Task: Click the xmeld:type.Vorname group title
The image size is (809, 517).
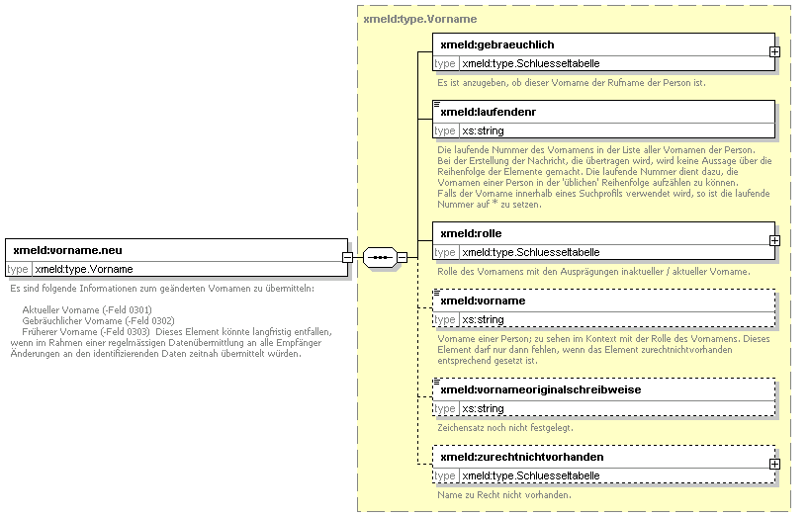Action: pyautogui.click(x=420, y=19)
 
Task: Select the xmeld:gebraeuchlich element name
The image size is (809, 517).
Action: pyautogui.click(x=497, y=44)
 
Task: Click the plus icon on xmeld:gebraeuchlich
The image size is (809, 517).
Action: pyautogui.click(x=774, y=52)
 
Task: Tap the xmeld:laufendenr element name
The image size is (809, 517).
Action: pyautogui.click(x=489, y=112)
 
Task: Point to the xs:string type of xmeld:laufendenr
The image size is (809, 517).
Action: pyautogui.click(x=483, y=130)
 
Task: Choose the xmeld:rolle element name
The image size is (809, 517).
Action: pyautogui.click(x=471, y=233)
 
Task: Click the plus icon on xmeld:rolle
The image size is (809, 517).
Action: pyautogui.click(x=774, y=241)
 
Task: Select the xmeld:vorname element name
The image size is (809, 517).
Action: pyautogui.click(x=483, y=301)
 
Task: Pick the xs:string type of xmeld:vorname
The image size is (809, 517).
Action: pyautogui.click(x=483, y=319)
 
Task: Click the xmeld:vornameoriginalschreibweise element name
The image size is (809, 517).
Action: pyautogui.click(x=541, y=389)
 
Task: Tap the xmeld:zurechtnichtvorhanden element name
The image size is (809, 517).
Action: pyautogui.click(x=521, y=457)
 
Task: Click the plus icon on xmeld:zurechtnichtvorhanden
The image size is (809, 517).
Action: pyautogui.click(x=774, y=464)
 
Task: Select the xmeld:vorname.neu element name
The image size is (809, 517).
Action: pyautogui.click(x=67, y=250)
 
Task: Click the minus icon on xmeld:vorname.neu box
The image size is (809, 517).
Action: pyautogui.click(x=347, y=257)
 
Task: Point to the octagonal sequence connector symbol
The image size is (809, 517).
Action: pyautogui.click(x=380, y=257)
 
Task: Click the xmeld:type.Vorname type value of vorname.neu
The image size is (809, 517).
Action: pyautogui.click(x=84, y=269)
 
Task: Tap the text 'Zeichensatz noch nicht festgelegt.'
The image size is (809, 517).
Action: pyautogui.click(x=505, y=428)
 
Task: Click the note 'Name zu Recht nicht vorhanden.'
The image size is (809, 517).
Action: pyautogui.click(x=504, y=495)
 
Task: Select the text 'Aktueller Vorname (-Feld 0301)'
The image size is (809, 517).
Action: pyautogui.click(x=87, y=309)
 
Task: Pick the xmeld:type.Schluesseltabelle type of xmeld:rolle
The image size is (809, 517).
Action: pyautogui.click(x=531, y=253)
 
